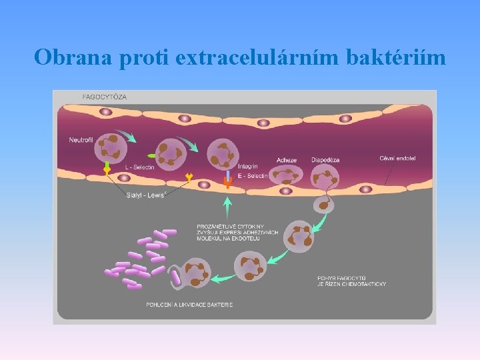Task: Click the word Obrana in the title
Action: coord(74,57)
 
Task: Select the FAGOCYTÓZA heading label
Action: coord(105,97)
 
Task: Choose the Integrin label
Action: coord(247,166)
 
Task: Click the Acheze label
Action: coord(287,160)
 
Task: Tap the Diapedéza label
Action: coord(326,160)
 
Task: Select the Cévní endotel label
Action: coord(397,159)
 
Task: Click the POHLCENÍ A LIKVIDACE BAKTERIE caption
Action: coord(190,305)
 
